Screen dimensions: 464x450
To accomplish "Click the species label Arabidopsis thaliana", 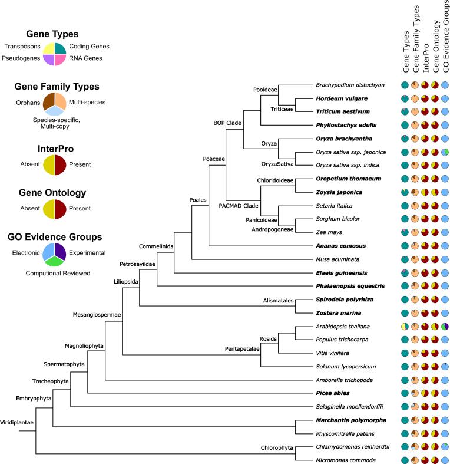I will pyautogui.click(x=342, y=327).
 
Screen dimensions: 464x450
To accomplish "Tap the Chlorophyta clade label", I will pyautogui.click(x=277, y=447).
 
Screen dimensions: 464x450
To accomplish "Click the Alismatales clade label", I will pyautogui.click(x=278, y=300).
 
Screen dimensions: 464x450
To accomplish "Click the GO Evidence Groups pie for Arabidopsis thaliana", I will pyautogui.click(x=445, y=327).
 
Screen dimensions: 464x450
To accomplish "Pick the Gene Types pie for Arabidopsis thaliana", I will pyautogui.click(x=405, y=327).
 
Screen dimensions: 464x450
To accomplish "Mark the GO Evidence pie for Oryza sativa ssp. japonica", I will pyautogui.click(x=445, y=152).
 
